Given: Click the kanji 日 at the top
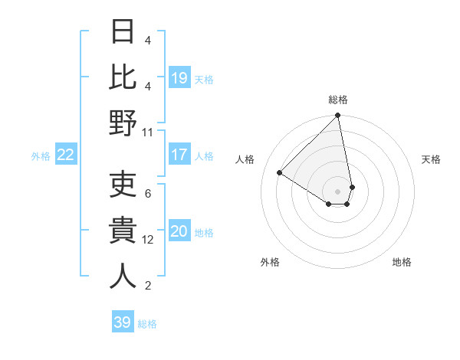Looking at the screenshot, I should [123, 32].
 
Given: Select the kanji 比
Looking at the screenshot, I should [123, 77].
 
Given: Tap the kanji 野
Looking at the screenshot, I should [123, 123].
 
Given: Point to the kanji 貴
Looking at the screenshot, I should [123, 230].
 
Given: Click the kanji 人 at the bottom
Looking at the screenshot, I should [123, 276].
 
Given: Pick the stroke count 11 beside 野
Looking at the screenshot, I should [147, 132].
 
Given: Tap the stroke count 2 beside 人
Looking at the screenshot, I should [148, 286].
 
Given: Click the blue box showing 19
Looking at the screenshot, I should [179, 77].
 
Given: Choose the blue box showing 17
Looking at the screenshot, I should [179, 155].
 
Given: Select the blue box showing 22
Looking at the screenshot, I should [65, 155].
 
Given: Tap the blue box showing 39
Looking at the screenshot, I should [122, 322].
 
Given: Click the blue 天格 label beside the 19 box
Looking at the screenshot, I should [204, 79].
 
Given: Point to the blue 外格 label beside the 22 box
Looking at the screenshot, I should [41, 156].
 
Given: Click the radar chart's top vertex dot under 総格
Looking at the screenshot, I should [337, 116].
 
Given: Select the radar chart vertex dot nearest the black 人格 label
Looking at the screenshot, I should [280, 173].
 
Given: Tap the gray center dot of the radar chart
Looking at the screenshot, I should [337, 191].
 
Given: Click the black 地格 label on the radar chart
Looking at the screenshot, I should [402, 262].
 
